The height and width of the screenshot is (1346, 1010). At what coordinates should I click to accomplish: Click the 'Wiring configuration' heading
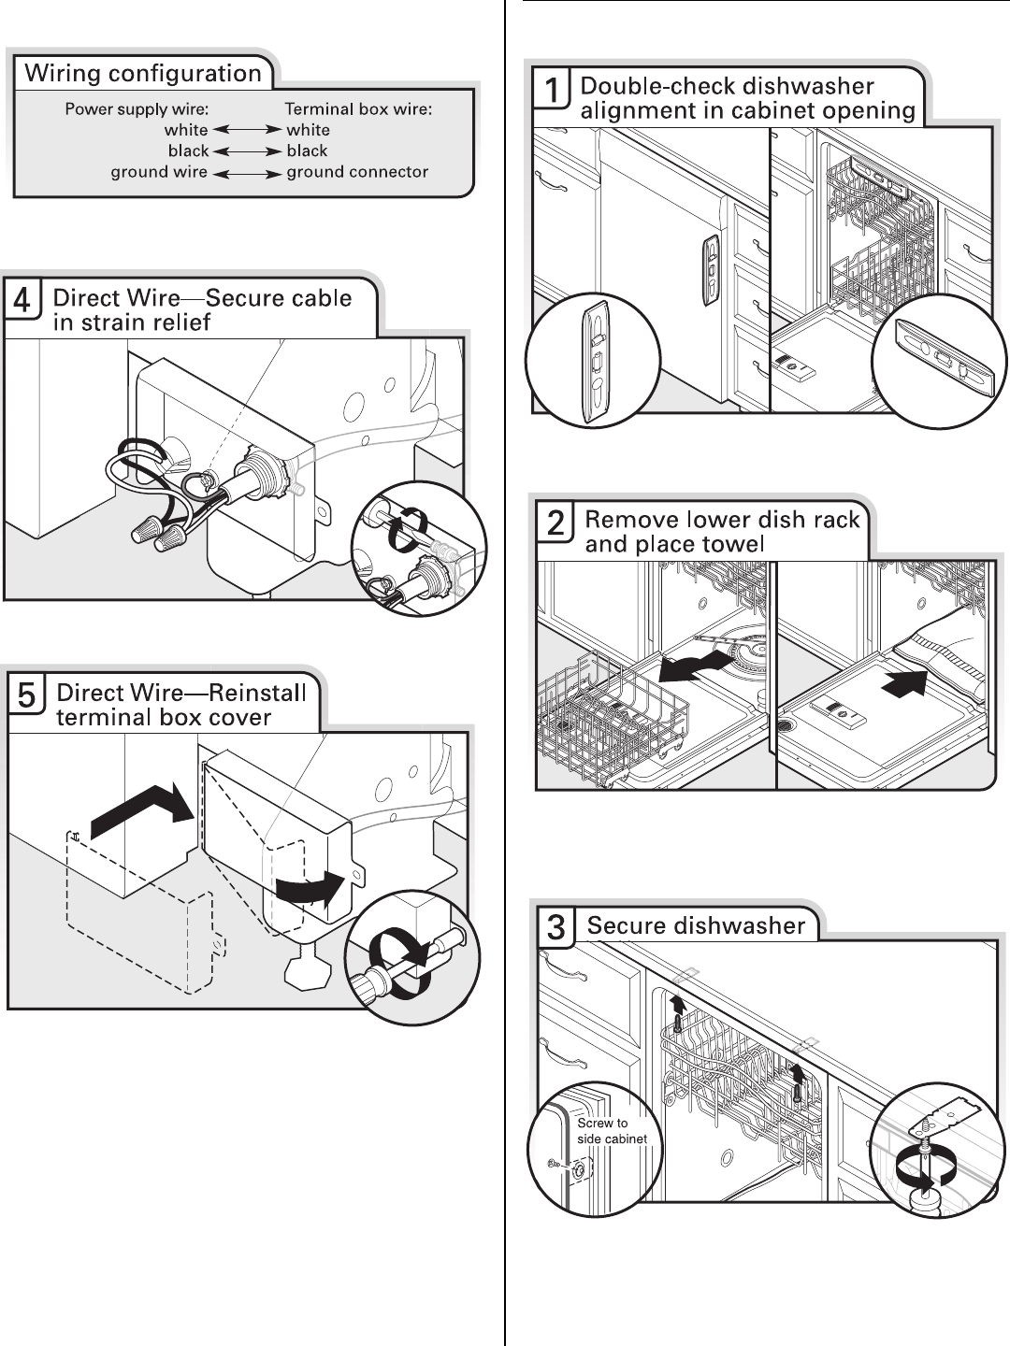[x=143, y=74]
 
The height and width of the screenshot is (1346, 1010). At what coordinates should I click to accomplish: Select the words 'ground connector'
[x=356, y=172]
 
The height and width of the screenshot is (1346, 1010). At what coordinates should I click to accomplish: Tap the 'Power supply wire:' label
[x=137, y=109]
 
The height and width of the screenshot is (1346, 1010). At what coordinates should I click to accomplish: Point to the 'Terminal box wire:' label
[x=358, y=109]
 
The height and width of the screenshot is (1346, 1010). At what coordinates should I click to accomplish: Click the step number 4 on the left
[x=23, y=301]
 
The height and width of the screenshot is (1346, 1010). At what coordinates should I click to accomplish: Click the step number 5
[x=27, y=696]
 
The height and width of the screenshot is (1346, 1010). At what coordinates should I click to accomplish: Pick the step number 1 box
[x=554, y=91]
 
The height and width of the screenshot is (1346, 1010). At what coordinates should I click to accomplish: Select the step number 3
[x=556, y=927]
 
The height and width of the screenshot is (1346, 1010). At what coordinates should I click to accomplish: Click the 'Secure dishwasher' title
[x=696, y=925]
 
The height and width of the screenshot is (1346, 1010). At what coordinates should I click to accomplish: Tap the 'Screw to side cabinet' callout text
[x=612, y=1130]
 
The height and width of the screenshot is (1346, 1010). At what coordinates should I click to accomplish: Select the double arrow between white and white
[x=247, y=130]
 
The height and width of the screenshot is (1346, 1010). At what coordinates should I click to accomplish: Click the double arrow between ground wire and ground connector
[x=247, y=173]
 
